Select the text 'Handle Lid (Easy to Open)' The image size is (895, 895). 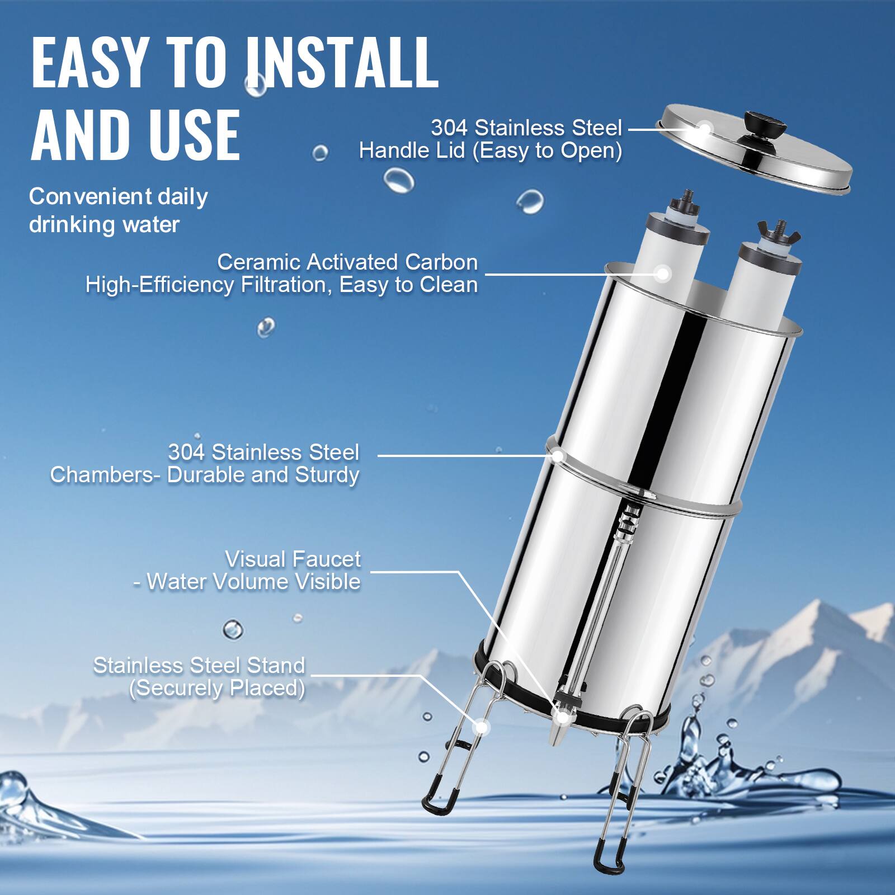tap(490, 151)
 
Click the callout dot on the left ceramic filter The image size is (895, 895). tap(663, 274)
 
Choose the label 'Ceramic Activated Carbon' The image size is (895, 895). tap(347, 262)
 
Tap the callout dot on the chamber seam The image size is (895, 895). tap(558, 455)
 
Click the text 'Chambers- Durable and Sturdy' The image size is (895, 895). tap(205, 475)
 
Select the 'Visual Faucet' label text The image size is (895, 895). tap(293, 559)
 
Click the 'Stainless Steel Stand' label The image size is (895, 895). tap(199, 666)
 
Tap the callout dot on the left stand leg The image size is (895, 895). tap(480, 727)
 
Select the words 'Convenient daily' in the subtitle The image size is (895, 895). tap(118, 196)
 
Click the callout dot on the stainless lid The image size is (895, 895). tap(704, 129)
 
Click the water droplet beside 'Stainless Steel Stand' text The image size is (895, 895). tap(233, 630)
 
